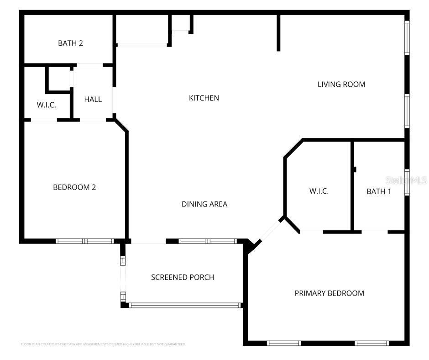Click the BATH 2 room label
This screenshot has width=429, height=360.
tap(70, 43)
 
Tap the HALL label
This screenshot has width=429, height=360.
tap(93, 99)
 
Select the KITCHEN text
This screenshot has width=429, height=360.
tap(204, 98)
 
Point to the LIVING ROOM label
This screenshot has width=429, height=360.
tap(341, 84)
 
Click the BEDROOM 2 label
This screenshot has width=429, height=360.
tap(74, 187)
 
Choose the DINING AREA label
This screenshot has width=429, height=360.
tap(204, 204)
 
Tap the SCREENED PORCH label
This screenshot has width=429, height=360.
tap(183, 277)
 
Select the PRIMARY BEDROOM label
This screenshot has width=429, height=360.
tap(329, 293)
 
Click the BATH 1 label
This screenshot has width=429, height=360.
tap(379, 191)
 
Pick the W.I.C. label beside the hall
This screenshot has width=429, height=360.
tap(47, 105)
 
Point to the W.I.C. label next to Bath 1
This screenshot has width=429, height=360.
tap(319, 191)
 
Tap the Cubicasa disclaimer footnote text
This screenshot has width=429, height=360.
tap(103, 344)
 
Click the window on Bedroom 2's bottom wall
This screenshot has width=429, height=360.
tap(84, 241)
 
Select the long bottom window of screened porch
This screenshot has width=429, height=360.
tap(185, 305)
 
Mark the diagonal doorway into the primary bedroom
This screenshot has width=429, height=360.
tap(269, 231)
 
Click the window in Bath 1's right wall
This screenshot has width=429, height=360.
tap(407, 182)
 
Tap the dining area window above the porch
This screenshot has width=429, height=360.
tap(208, 241)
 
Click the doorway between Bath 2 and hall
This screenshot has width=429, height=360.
tap(89, 65)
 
